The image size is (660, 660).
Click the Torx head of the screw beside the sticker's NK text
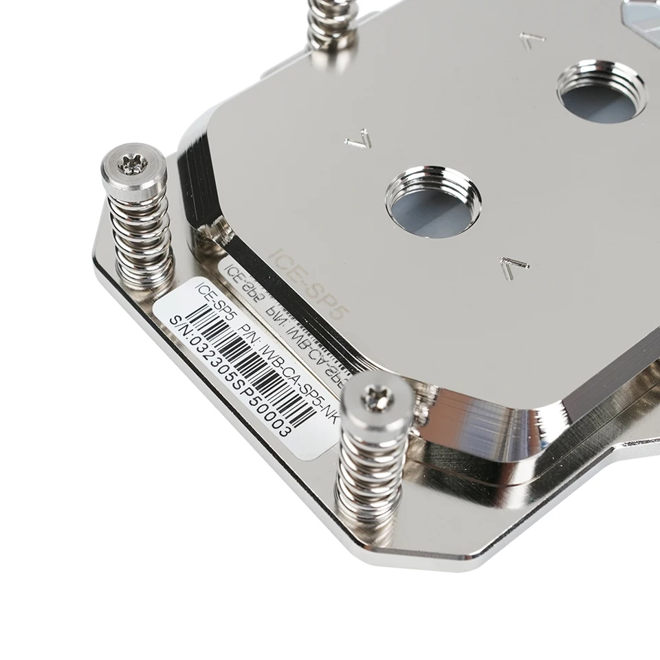(x=377, y=397)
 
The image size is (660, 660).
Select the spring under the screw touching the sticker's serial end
(x=371, y=474)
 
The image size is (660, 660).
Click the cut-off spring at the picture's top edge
(x=331, y=24)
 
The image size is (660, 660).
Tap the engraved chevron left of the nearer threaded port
(x=358, y=140)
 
